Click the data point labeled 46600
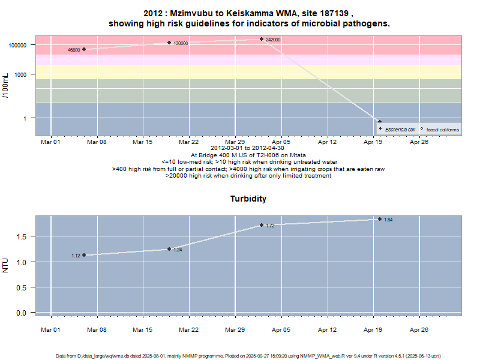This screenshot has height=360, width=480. click(x=84, y=49)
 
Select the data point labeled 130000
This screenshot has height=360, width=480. click(x=169, y=43)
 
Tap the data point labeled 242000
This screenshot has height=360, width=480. click(x=262, y=39)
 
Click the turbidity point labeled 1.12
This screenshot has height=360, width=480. click(x=84, y=255)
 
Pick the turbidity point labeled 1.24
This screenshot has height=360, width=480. click(x=169, y=249)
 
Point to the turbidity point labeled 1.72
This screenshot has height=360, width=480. click(x=262, y=225)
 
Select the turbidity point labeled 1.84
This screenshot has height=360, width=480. click(x=380, y=219)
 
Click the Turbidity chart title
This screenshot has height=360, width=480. click(x=248, y=199)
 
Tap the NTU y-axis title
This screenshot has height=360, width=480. click(x=6, y=265)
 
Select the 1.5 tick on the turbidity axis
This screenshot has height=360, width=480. click(x=21, y=237)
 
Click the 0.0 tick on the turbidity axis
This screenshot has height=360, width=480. click(x=21, y=313)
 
